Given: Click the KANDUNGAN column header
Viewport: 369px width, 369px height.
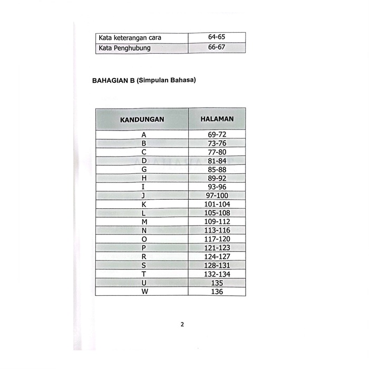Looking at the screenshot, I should click(142, 119).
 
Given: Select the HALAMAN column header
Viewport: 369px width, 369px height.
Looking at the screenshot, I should click(217, 119).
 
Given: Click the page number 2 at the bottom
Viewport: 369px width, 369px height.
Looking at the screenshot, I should click(182, 324).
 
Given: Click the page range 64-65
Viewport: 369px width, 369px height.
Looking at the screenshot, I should click(217, 37).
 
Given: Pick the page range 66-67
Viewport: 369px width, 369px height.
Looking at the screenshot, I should click(217, 48).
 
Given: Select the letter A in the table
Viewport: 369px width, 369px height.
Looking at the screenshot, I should click(143, 134).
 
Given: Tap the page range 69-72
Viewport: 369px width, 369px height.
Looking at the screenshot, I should click(217, 134).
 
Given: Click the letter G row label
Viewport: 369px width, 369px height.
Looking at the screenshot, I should click(143, 169).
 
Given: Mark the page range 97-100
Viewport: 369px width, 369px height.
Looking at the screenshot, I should click(217, 196).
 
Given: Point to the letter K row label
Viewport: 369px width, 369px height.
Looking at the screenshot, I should click(143, 204).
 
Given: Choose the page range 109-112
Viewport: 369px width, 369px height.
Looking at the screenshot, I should click(217, 221).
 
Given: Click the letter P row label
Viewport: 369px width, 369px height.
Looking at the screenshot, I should click(143, 248).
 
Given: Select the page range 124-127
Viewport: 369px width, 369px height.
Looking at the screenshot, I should click(217, 257).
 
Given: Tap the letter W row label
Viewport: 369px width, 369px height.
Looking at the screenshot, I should click(143, 292).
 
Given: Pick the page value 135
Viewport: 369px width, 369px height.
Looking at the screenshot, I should click(217, 283).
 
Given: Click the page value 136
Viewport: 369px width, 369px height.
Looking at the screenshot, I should click(217, 292).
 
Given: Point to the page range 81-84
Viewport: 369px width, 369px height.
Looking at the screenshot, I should click(217, 161).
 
